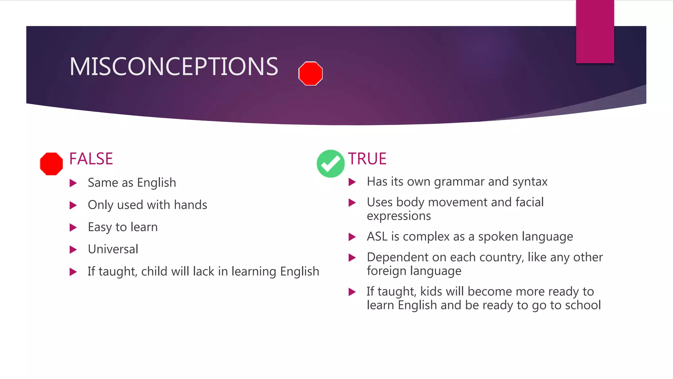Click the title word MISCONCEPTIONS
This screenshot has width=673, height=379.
point(174,66)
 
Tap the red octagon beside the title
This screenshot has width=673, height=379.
point(310,73)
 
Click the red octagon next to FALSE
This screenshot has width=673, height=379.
point(51,164)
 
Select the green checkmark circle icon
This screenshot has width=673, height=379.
point(330,164)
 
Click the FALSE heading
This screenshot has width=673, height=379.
point(91,159)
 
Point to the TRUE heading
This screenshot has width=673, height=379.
point(367,159)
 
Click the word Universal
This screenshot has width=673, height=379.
point(113,249)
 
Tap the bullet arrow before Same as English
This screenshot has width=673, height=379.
point(73,183)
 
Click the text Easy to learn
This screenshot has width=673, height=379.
point(123,227)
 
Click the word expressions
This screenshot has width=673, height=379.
point(399,216)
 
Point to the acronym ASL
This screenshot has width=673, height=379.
point(377,237)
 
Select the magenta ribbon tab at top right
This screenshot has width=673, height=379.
point(595,31)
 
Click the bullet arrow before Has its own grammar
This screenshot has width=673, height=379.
point(352,182)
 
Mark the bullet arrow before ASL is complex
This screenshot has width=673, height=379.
point(352,237)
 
